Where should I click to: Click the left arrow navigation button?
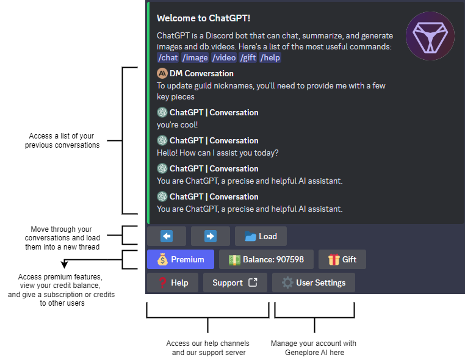point(167,236)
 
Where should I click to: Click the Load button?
point(261,236)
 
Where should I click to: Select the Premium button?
point(181,259)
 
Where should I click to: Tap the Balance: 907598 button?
point(266,259)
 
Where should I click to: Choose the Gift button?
point(342,259)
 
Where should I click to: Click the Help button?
point(172,283)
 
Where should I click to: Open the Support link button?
point(235,283)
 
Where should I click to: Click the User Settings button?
point(314,283)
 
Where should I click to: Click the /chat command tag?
point(168,58)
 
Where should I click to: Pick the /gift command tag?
point(248,58)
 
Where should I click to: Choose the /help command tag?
point(271,58)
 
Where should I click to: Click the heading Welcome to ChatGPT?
point(203,18)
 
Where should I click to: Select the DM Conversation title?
point(201,74)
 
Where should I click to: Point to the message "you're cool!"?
point(177,125)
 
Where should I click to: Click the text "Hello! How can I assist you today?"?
point(218,153)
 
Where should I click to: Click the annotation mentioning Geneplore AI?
point(314,348)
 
